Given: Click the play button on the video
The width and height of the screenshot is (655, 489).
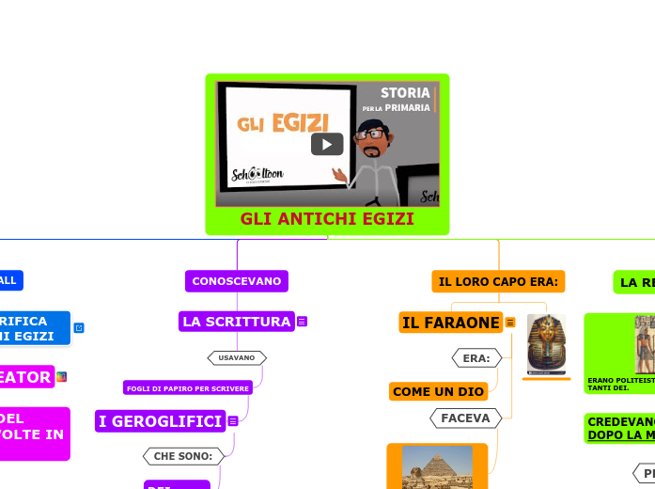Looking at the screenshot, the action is coord(327,144).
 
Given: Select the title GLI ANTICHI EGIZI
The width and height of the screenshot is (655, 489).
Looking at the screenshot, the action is coord(327,219).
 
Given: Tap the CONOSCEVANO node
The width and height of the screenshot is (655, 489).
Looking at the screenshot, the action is coord(237,281).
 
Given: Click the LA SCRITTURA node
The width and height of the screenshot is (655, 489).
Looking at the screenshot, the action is coord(237,322).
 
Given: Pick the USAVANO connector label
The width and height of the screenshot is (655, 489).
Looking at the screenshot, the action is coord(237,357).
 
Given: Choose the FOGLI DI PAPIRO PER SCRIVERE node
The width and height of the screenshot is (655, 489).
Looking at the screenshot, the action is coord(188,388).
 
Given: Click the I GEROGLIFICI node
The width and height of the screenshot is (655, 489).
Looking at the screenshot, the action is coord(161,420).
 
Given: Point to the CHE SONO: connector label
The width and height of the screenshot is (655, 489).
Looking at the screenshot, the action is coord(184,456).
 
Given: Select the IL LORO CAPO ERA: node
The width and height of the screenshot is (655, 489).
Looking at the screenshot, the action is coord(498,281).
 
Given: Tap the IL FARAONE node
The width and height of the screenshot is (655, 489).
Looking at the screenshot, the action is coord(451,323).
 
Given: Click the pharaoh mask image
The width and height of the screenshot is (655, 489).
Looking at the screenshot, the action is coord(546,344).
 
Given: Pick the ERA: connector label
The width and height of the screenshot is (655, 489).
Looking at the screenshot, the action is coord(476,358).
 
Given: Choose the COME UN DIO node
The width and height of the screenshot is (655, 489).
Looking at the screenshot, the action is coord(438,391).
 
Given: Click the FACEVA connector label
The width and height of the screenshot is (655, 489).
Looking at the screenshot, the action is coord(465,418).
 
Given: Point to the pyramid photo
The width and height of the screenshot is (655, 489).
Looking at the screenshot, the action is coord(437,467).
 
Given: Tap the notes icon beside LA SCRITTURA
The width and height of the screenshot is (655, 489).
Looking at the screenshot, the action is coord(303,322).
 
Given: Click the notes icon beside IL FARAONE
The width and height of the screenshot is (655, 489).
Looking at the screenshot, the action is coord(510,323).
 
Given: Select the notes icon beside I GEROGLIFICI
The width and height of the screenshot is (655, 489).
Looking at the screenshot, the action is coord(232,421).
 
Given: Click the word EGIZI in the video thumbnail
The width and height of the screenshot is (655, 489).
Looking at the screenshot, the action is coord(300,123).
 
